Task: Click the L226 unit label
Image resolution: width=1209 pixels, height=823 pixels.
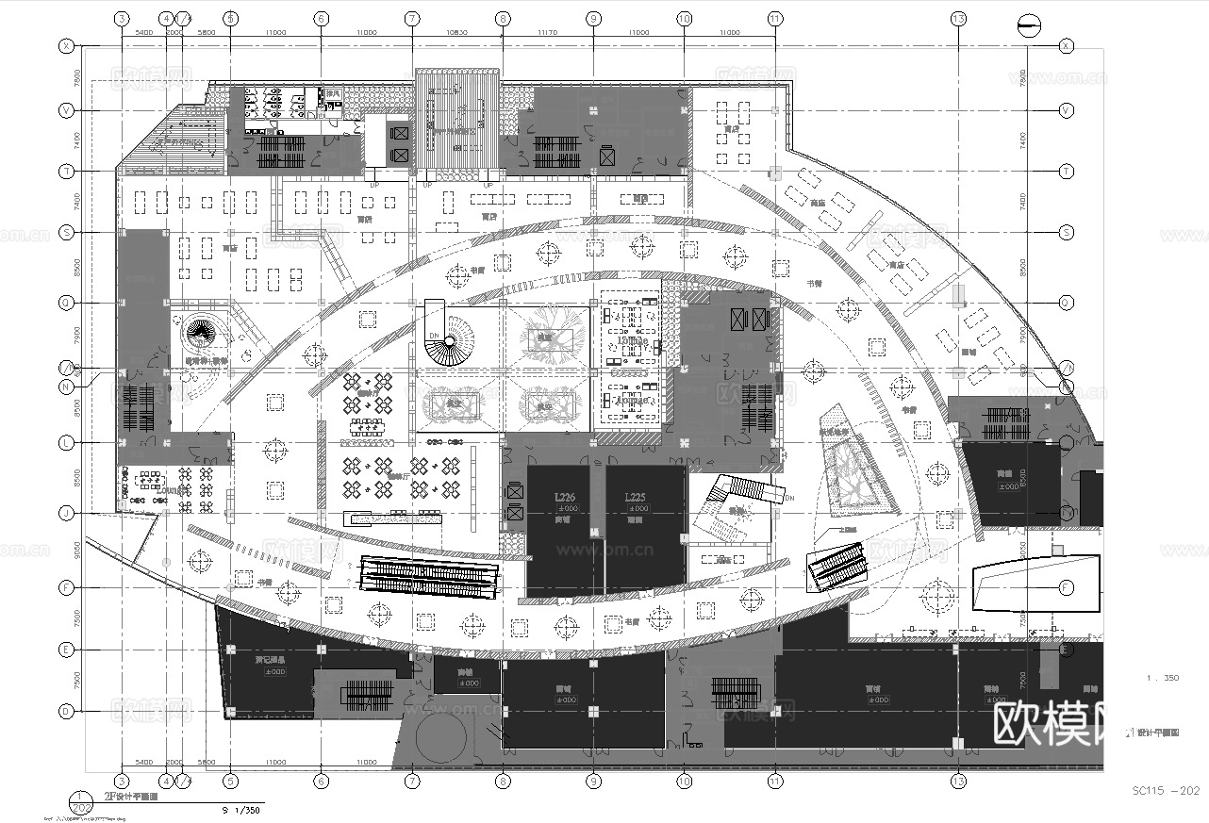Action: click(565, 497)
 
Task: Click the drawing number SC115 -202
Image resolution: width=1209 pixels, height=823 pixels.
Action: click(1166, 790)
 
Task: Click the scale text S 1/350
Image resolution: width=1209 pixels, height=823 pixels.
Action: click(240, 810)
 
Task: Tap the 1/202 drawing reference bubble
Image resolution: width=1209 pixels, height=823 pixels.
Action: click(82, 802)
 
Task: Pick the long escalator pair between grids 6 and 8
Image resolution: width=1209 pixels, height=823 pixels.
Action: click(430, 576)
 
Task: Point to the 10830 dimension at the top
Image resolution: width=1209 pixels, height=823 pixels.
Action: click(456, 32)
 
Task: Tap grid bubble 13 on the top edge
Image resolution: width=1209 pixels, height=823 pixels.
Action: click(958, 18)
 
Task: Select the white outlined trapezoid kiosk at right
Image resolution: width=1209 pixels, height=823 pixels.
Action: click(1036, 585)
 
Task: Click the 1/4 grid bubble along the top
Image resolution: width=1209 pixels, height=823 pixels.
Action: click(185, 18)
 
